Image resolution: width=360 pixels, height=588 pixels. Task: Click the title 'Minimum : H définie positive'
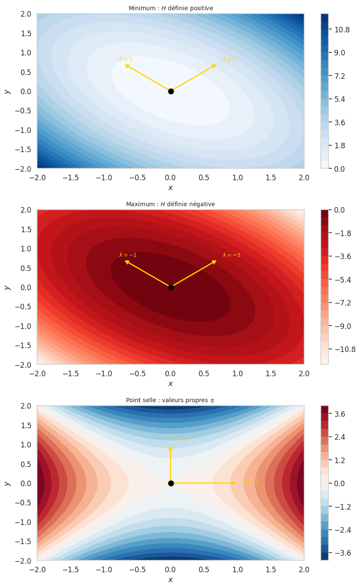click(170, 8)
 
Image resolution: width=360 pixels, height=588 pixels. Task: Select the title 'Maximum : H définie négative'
click(170, 204)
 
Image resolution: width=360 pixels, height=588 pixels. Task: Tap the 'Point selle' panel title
click(170, 400)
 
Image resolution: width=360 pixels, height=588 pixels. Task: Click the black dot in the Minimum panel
click(171, 91)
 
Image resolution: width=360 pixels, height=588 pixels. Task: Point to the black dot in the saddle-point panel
click(171, 483)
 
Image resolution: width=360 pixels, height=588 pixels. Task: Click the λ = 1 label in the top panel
click(126, 59)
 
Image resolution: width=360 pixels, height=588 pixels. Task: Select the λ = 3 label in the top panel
click(229, 59)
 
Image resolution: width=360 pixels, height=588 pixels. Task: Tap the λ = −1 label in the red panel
click(128, 255)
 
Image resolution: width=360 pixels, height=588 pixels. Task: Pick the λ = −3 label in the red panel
click(231, 255)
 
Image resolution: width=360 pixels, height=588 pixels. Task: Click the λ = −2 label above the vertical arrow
click(180, 438)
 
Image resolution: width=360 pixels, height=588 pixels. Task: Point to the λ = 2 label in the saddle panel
click(251, 481)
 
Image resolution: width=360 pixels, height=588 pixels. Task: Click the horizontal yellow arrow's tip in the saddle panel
click(235, 483)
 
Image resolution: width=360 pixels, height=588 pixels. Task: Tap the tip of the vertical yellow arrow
click(171, 447)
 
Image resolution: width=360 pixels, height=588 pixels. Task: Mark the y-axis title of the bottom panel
click(7, 483)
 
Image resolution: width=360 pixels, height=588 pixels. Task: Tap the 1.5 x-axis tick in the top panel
click(271, 177)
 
